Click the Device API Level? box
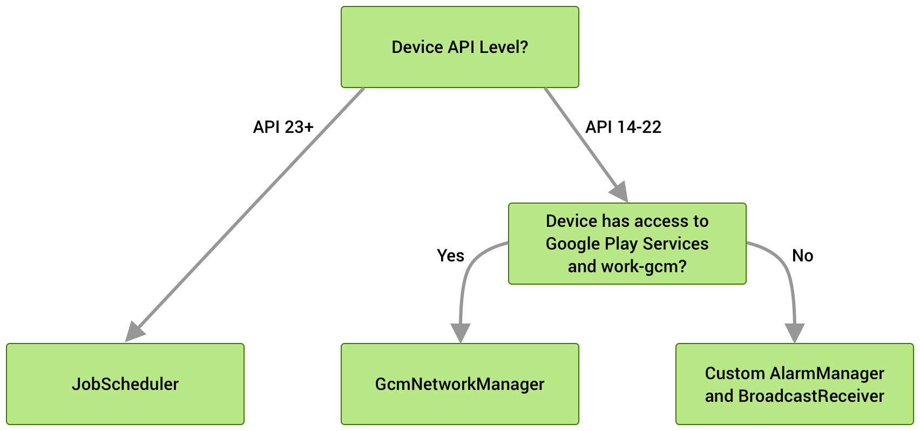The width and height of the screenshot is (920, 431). coord(459,47)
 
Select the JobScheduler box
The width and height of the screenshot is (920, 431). coord(125,384)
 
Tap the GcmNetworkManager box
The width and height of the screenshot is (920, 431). coord(459,384)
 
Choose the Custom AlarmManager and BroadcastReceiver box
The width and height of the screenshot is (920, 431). coord(794,384)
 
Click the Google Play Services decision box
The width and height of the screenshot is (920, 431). coord(627,244)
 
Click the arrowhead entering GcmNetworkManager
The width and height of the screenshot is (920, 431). coord(460,332)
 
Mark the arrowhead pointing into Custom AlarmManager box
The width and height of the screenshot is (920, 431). coord(794,332)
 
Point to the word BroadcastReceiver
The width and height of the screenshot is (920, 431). coord(811,396)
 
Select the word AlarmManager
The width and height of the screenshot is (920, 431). coord(827,373)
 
